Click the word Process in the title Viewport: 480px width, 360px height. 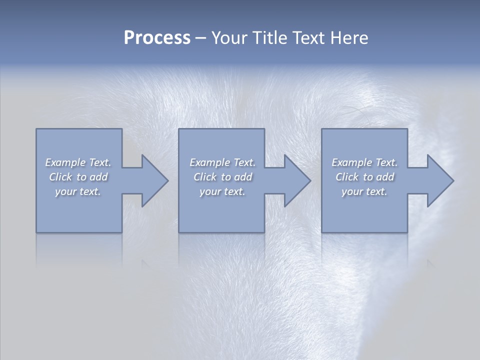(157, 38)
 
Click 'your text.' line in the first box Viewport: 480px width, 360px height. (78, 191)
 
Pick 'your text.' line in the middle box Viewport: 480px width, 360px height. (222, 191)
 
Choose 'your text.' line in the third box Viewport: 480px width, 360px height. (364, 191)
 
